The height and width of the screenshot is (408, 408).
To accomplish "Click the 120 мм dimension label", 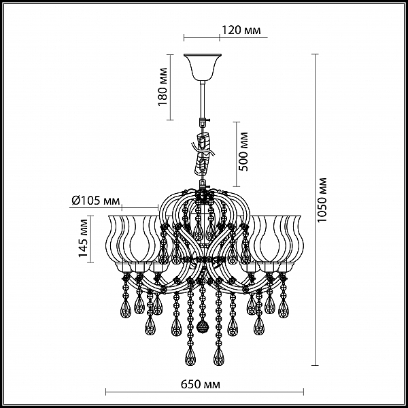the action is click(241, 30).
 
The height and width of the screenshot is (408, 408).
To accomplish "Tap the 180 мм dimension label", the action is click(163, 86).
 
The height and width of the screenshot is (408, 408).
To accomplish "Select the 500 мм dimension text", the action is click(243, 152).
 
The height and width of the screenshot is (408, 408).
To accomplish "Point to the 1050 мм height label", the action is click(322, 200).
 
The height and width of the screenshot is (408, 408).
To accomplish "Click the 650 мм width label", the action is click(201, 384).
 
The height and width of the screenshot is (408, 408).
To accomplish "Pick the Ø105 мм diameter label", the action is click(96, 201).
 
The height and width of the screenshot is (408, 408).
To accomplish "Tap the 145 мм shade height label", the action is click(83, 238).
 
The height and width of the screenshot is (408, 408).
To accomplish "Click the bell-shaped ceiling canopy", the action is click(203, 67).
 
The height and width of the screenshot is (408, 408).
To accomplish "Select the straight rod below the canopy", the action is click(203, 100).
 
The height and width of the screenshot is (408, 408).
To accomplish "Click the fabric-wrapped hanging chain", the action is click(203, 155).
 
